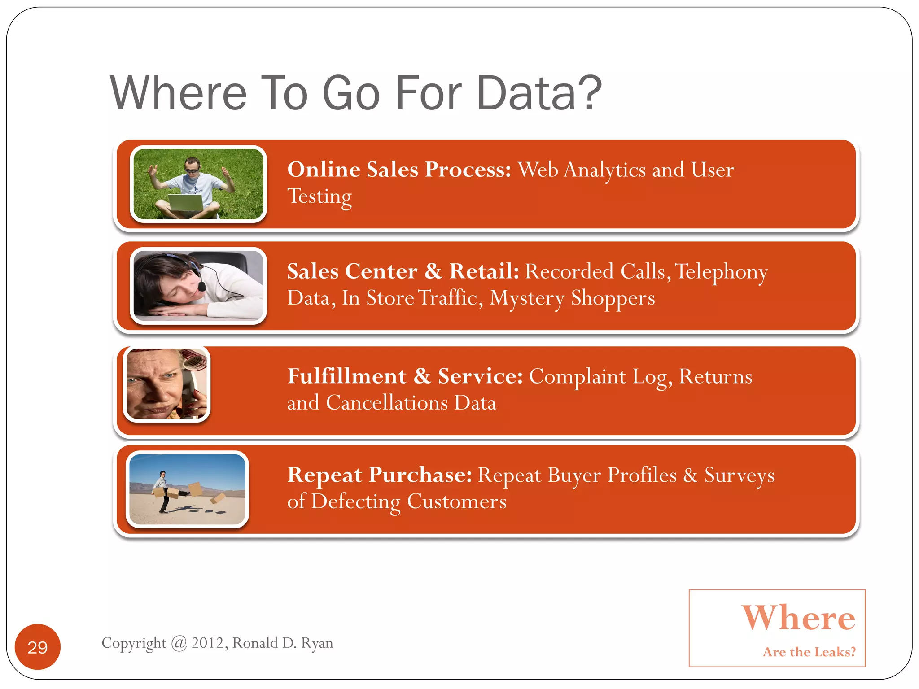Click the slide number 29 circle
[x=37, y=646]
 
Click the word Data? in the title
[x=538, y=93]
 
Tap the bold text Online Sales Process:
[x=398, y=170]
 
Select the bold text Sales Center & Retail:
[x=403, y=271]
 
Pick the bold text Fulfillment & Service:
[x=405, y=376]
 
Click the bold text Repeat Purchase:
[x=379, y=475]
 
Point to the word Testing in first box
[x=319, y=196]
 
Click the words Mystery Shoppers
[x=572, y=298]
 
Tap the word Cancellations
[x=386, y=403]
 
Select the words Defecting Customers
[x=408, y=501]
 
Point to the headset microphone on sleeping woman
[x=201, y=285]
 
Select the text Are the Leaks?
[x=809, y=652]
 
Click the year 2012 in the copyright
[x=207, y=643]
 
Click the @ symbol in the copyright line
[x=179, y=643]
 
